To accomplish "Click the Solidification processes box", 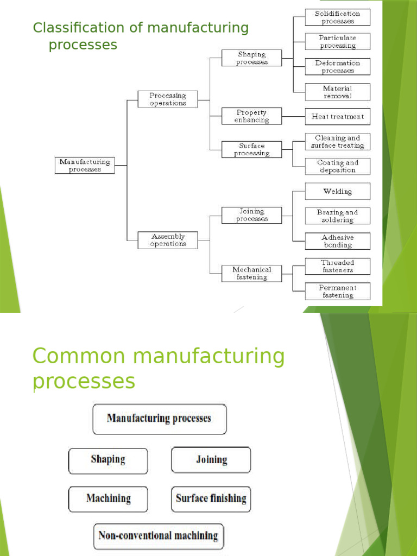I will [x=337, y=17].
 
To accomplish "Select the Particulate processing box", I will [x=337, y=42].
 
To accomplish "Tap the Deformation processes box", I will [x=337, y=67].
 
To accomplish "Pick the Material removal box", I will [x=337, y=92].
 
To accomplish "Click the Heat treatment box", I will [x=337, y=116].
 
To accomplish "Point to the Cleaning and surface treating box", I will [x=337, y=142].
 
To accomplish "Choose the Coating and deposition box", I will [x=337, y=166].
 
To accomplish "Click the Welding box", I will [x=337, y=191].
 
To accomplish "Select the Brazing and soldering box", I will [x=337, y=216].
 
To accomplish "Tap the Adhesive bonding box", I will [x=337, y=241].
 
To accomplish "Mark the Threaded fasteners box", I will [x=337, y=266].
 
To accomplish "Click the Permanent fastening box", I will [x=337, y=292].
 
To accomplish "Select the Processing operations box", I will [x=168, y=99].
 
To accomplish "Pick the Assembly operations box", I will [x=168, y=240].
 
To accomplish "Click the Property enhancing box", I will [x=251, y=116].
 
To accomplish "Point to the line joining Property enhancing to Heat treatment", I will [x=293, y=116].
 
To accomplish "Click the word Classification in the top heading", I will [x=69, y=28].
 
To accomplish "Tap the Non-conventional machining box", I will [x=158, y=536].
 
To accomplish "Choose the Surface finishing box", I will [x=211, y=498].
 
